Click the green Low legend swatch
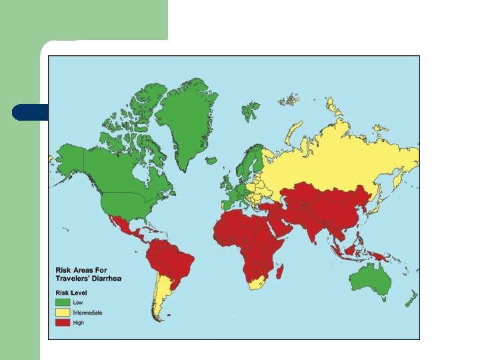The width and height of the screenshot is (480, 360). [63, 302]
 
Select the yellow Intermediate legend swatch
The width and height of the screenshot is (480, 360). [63, 312]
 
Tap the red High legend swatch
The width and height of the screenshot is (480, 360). [63, 323]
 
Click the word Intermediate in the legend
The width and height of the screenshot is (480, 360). [87, 312]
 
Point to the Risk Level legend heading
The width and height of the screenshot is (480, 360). [71, 293]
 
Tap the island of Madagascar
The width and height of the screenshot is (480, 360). [281, 271]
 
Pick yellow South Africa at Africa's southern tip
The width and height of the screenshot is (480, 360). [256, 283]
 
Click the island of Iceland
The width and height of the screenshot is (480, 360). [211, 161]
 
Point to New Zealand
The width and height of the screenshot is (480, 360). [411, 296]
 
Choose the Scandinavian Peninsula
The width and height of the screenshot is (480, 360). [249, 160]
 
